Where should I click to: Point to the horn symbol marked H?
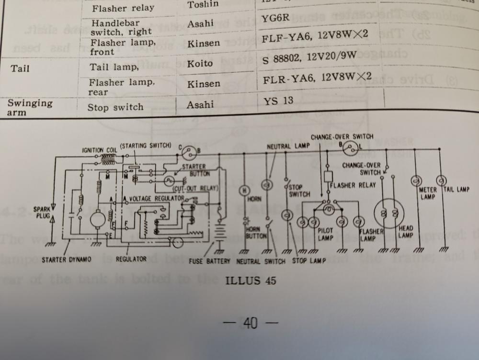[244, 191]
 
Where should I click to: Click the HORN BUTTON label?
[253, 233]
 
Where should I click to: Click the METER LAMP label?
[428, 193]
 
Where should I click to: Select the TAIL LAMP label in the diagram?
[456, 190]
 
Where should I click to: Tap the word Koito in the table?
[200, 63]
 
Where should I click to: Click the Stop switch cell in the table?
[115, 107]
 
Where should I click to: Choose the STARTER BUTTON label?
[194, 169]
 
